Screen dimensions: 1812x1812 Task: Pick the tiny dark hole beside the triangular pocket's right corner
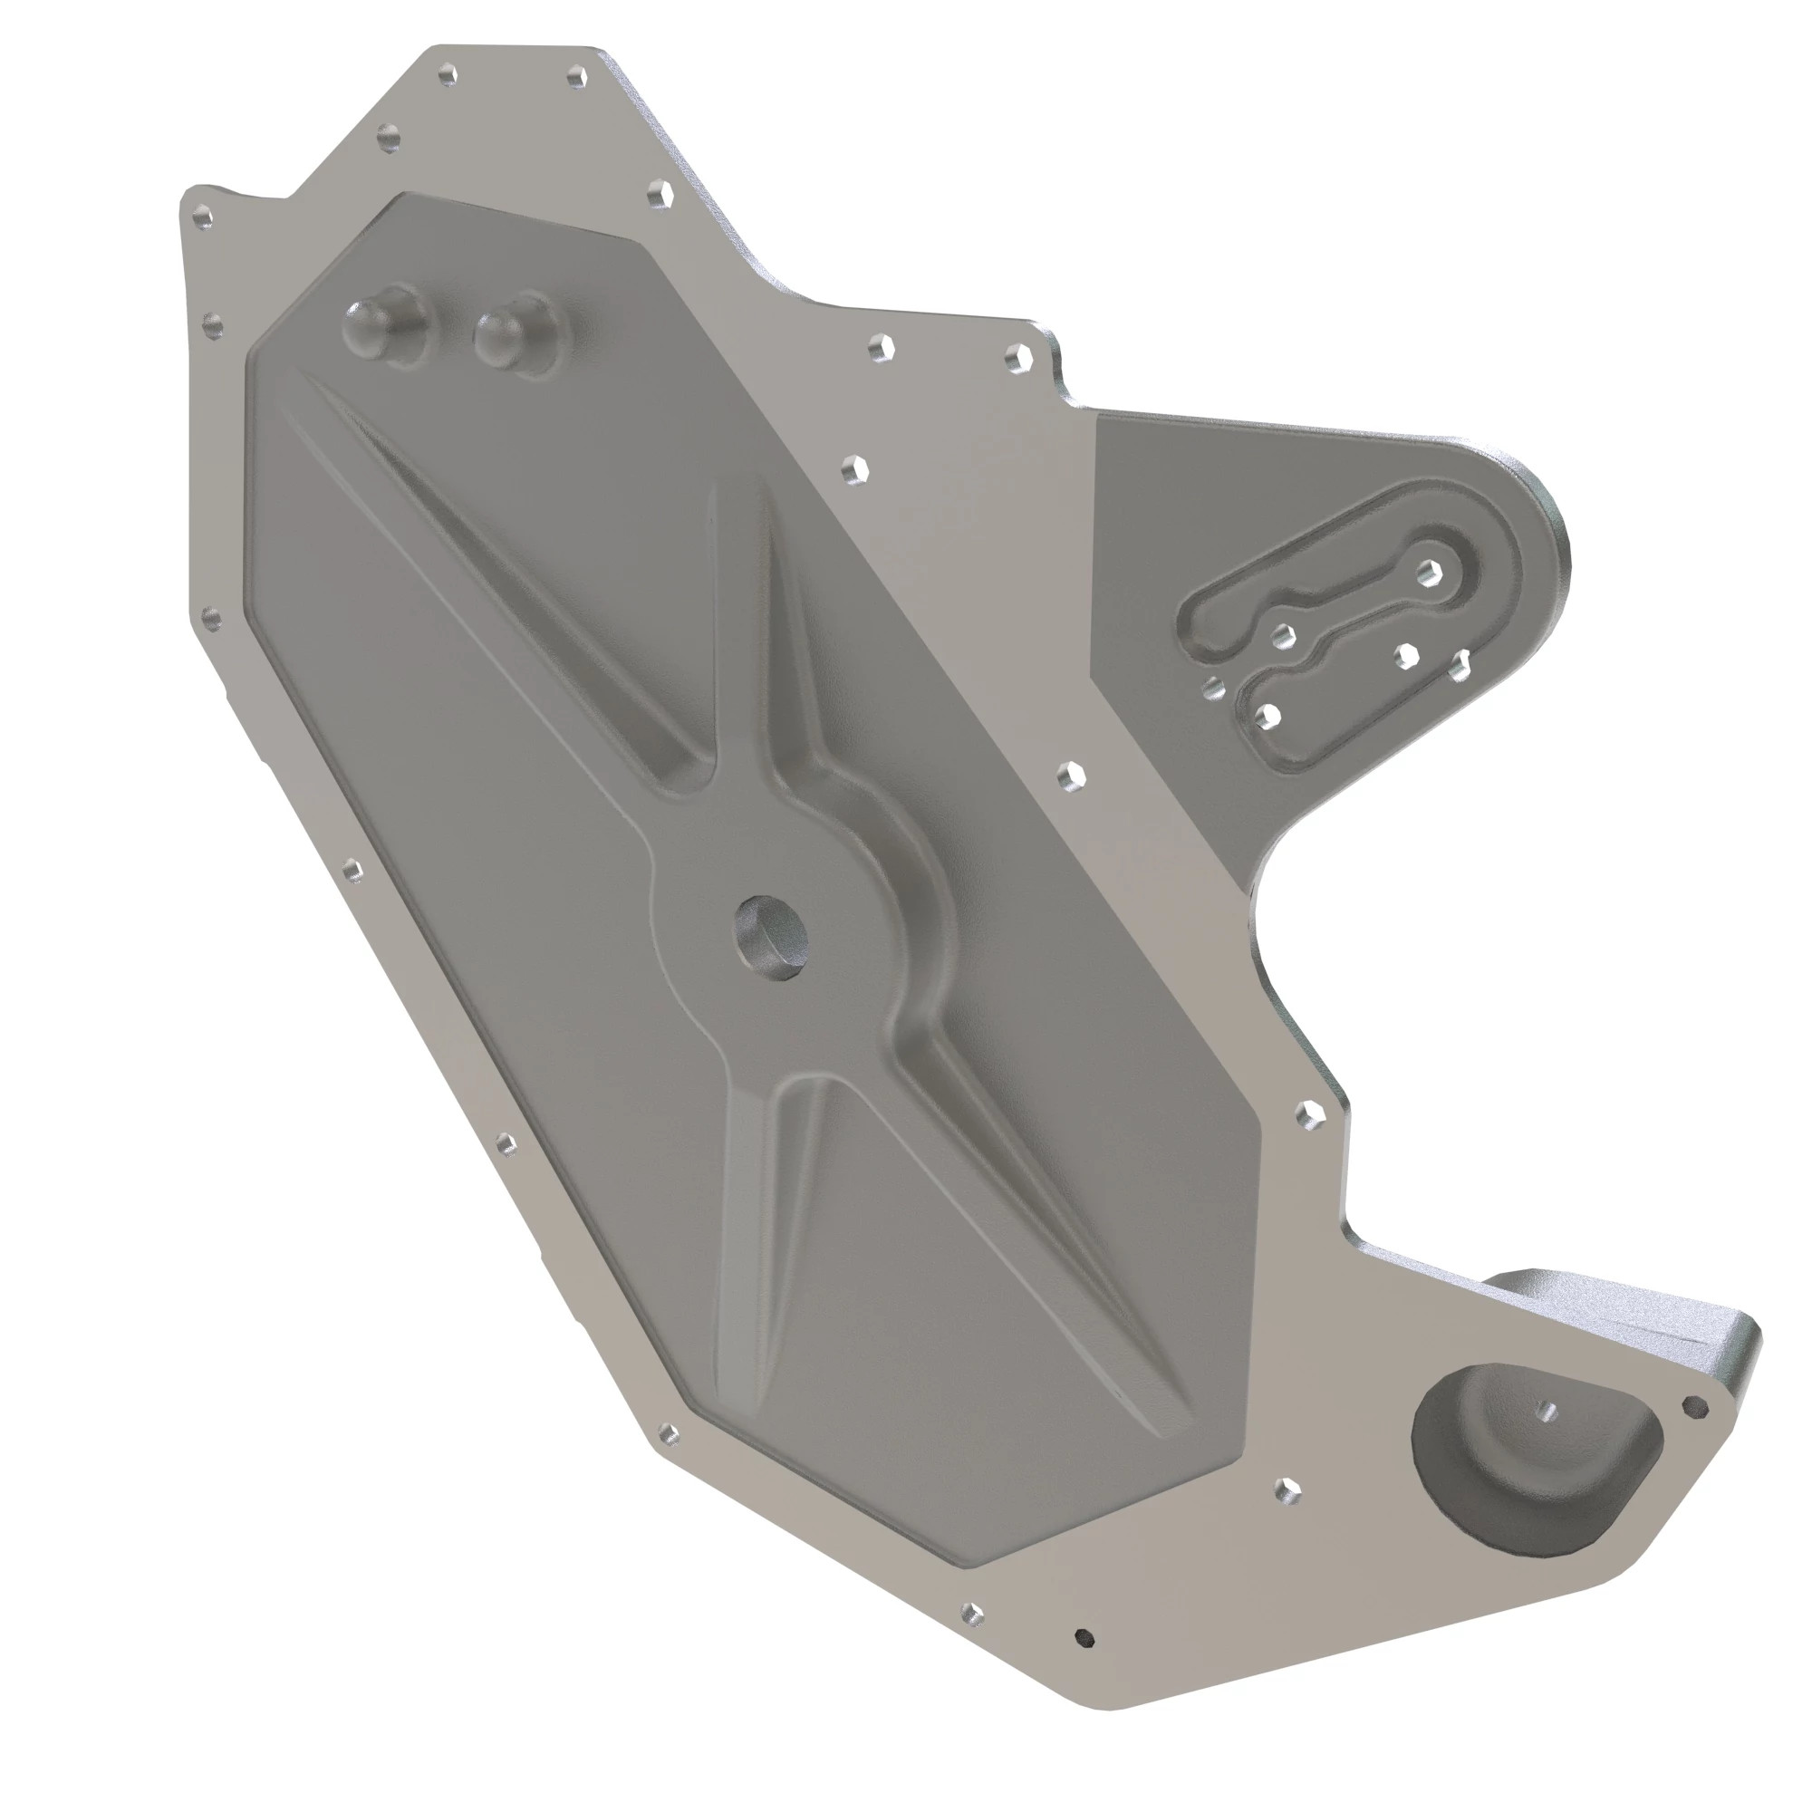(x=1694, y=1404)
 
